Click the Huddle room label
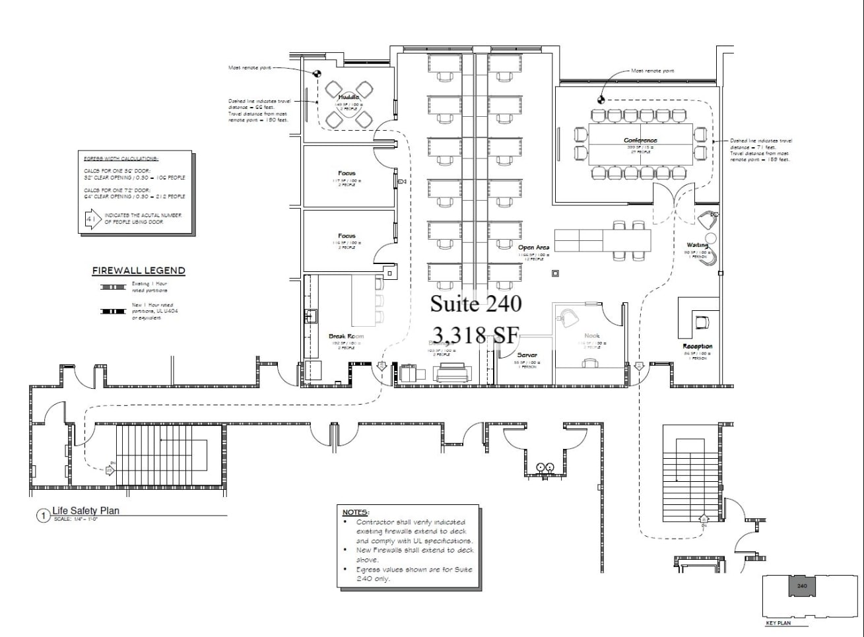click(349, 98)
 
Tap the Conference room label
click(640, 141)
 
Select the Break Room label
click(346, 337)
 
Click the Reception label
click(697, 347)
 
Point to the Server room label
click(527, 355)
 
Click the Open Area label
click(533, 248)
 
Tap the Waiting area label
click(697, 245)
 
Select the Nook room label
click(592, 336)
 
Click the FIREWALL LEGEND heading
click(139, 271)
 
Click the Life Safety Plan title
click(86, 510)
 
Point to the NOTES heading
click(356, 512)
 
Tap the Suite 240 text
click(476, 304)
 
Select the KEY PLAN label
click(778, 623)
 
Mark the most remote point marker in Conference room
click(601, 100)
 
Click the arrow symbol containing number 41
click(92, 218)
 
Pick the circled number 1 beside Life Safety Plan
click(43, 515)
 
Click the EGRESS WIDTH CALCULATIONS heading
click(121, 159)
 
